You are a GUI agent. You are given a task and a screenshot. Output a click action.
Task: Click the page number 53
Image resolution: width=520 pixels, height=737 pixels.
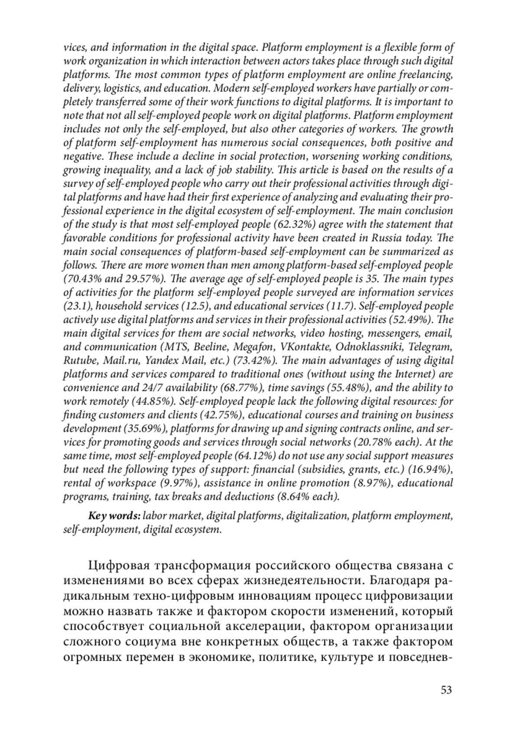(446, 689)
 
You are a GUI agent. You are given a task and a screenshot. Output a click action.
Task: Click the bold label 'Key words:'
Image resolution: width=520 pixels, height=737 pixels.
(114, 516)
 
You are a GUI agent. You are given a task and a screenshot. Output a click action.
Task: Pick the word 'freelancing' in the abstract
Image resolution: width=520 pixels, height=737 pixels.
(425, 74)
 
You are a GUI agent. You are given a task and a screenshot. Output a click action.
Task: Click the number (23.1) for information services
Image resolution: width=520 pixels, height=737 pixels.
(78, 306)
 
